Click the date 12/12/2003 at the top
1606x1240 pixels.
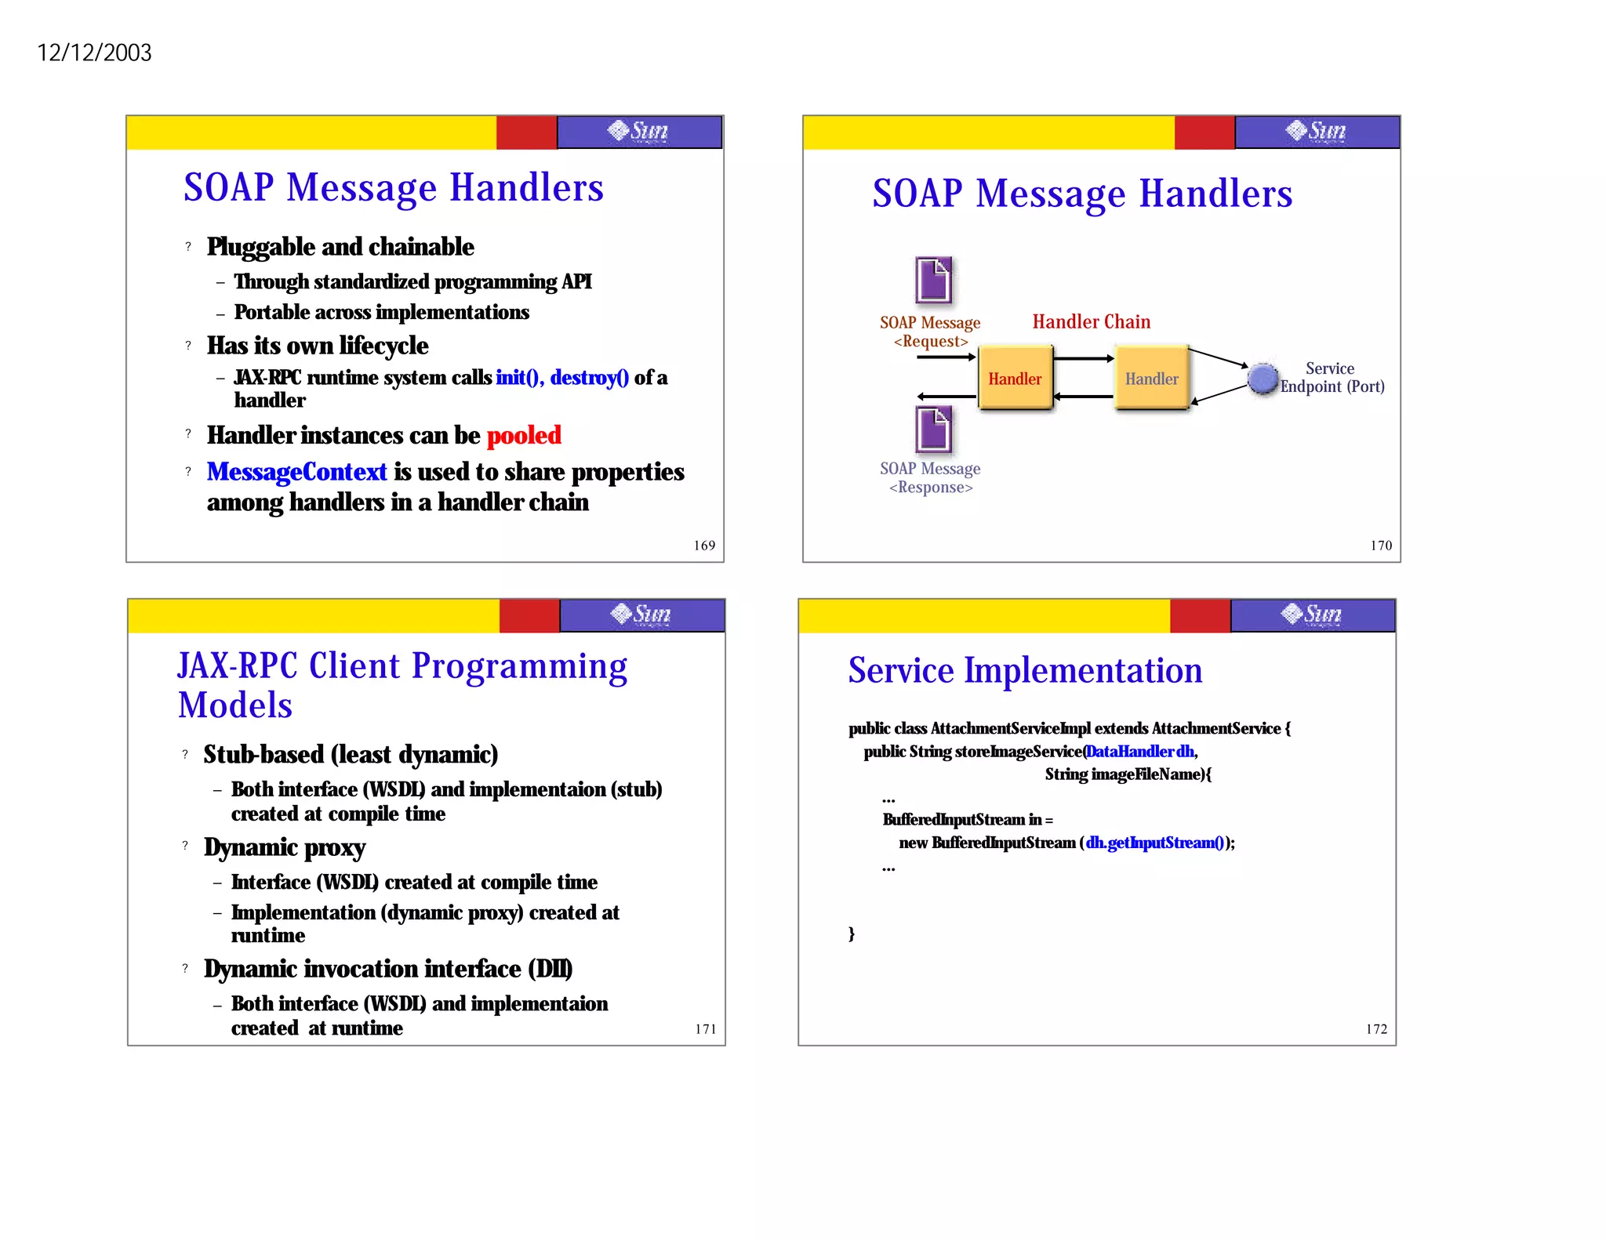94,53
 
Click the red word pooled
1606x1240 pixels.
524,435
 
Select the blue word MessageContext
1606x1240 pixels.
296,472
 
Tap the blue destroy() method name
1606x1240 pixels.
589,378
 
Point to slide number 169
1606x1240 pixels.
704,546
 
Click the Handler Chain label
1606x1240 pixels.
1091,322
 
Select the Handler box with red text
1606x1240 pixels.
1015,378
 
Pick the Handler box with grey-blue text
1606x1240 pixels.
1151,378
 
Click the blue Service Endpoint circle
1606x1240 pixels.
1263,379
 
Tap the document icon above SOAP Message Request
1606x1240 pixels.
933,280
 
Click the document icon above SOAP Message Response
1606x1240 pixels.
933,429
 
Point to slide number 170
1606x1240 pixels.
1381,546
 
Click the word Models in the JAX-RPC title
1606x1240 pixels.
235,705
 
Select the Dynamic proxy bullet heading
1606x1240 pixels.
285,847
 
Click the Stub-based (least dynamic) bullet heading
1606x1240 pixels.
351,754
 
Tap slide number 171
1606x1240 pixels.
706,1029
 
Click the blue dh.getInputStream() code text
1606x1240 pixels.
1154,843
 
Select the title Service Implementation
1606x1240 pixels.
1025,671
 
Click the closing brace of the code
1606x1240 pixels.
852,934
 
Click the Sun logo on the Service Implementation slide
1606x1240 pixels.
1312,615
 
